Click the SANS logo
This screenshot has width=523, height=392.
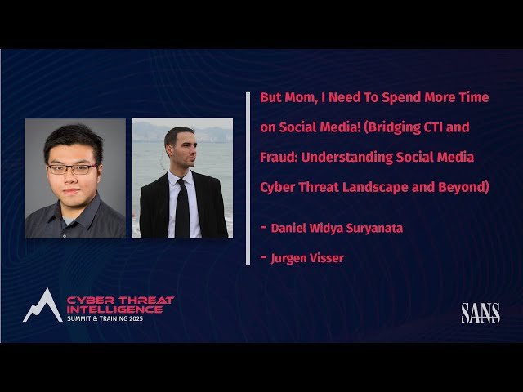pyautogui.click(x=480, y=313)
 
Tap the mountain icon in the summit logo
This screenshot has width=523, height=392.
pyautogui.click(x=39, y=305)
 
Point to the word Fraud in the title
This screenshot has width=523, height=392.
pyautogui.click(x=279, y=157)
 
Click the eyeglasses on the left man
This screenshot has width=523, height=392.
pyautogui.click(x=72, y=169)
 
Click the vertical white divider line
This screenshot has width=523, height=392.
pyautogui.click(x=248, y=178)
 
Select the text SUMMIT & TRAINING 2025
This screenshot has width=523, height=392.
pyautogui.click(x=109, y=318)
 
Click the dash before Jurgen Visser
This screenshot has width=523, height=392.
pyautogui.click(x=263, y=257)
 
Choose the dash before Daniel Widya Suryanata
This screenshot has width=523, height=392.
pyautogui.click(x=263, y=227)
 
